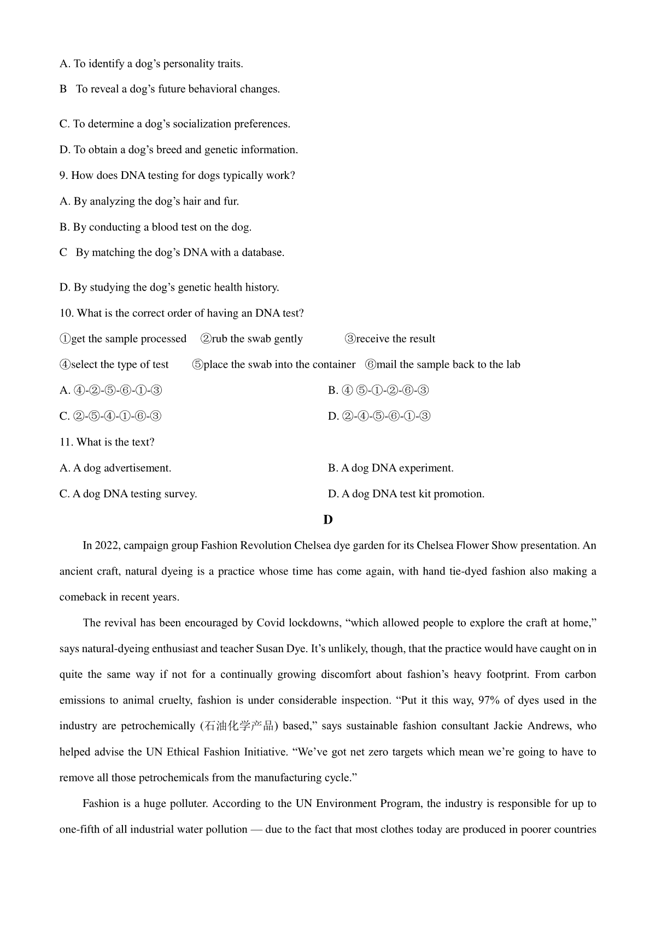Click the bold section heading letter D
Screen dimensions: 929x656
coord(328,520)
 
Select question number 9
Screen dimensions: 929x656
coord(63,176)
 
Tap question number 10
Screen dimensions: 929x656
coord(66,313)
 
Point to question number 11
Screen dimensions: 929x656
coord(66,442)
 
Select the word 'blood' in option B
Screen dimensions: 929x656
coord(165,227)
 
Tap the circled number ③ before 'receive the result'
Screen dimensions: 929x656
coord(350,339)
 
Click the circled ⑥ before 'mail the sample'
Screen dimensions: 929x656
coord(371,365)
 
